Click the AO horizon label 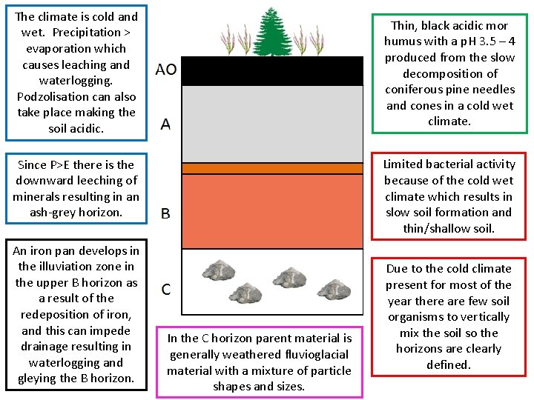point(166,70)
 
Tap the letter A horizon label point(165,124)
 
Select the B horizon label point(165,213)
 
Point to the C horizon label point(166,288)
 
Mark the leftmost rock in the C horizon point(220,270)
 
